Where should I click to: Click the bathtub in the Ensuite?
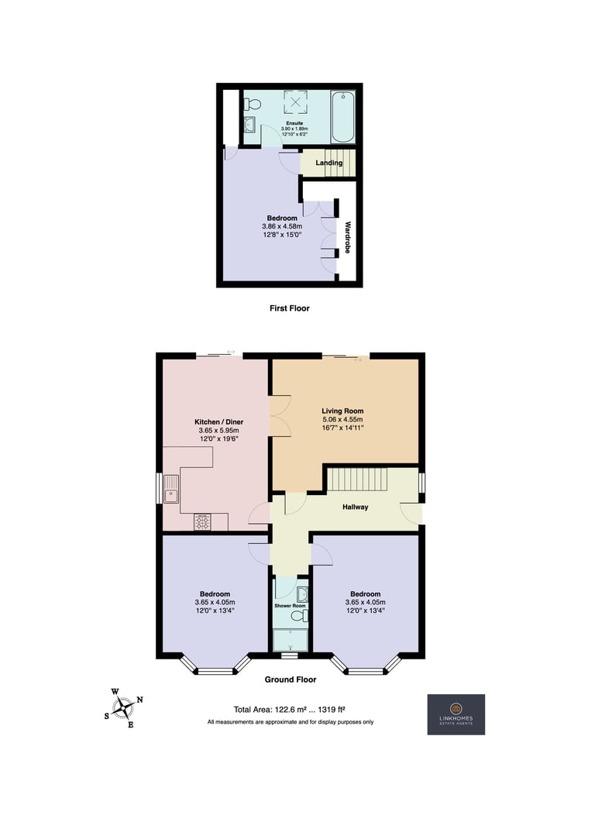coord(342,117)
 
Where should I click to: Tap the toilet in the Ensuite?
coord(253,104)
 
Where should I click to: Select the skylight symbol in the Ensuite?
coord(295,101)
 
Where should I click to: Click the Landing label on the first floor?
coord(329,163)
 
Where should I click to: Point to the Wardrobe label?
coord(348,237)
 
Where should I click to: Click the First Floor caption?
coord(290,308)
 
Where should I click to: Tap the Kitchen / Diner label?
coord(218,421)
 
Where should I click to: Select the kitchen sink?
coord(171,489)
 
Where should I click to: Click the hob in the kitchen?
coord(202,522)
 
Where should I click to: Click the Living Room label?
coord(342,411)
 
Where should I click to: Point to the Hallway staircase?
coord(356,480)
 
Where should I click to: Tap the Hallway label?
coord(355,507)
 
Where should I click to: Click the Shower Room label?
coord(290,606)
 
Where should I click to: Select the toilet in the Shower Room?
coord(300,616)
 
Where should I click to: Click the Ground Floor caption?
coord(291,679)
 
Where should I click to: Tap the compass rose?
coord(124,708)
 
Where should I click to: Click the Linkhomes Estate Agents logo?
coord(456,714)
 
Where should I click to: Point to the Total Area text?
coord(290,710)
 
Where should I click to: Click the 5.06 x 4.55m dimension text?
coord(342,420)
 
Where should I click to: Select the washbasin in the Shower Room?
coord(302,594)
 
